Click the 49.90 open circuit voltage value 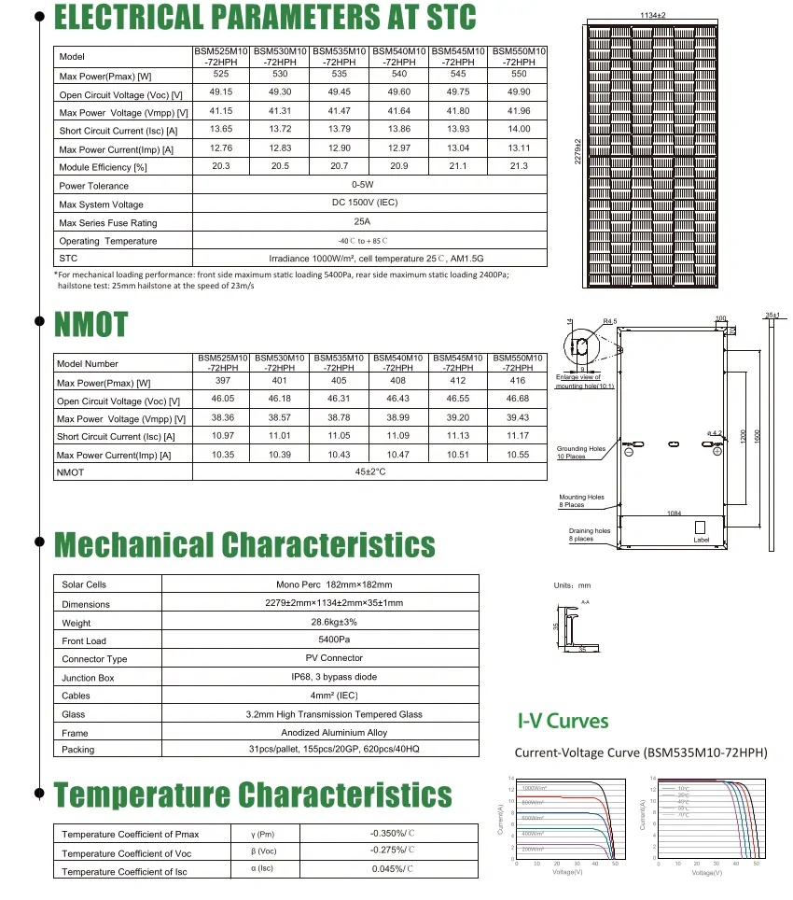(519, 92)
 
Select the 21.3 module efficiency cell (519, 165)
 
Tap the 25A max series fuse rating (362, 221)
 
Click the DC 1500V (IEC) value (362, 203)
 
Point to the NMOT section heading (90, 324)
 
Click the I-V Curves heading (563, 722)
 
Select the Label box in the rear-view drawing (702, 540)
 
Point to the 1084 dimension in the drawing (674, 513)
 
